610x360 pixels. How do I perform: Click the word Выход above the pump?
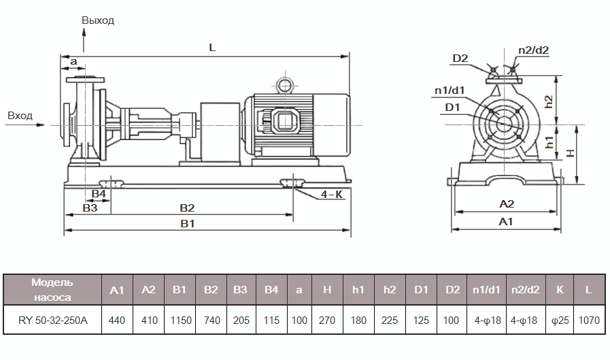click(x=98, y=20)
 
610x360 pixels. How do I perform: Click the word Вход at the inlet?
click(x=20, y=116)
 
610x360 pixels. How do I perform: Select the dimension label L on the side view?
click(x=211, y=48)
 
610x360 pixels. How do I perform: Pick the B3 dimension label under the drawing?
click(x=90, y=208)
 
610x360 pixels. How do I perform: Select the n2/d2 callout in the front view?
click(x=533, y=50)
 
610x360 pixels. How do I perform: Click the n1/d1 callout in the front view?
click(x=450, y=90)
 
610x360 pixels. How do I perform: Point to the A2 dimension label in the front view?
click(x=507, y=203)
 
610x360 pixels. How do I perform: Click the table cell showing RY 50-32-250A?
click(x=52, y=319)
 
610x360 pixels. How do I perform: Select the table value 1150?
click(x=180, y=319)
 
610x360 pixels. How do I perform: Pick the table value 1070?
click(x=588, y=319)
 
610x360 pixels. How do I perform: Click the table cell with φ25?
click(x=560, y=319)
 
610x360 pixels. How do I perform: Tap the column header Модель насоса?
click(x=52, y=289)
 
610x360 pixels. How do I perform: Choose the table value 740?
click(x=211, y=319)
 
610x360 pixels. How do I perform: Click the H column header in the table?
click(x=327, y=290)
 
